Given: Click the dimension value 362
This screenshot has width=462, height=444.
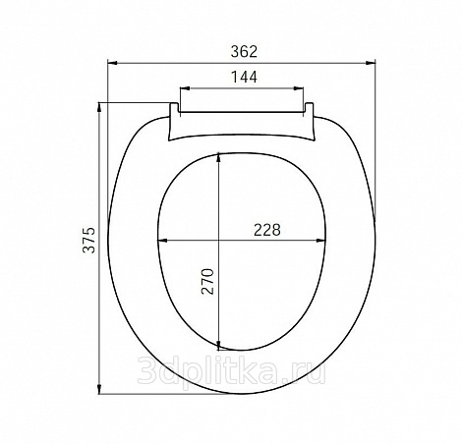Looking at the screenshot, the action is (x=244, y=52).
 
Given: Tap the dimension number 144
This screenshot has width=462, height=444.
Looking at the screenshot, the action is (x=244, y=77).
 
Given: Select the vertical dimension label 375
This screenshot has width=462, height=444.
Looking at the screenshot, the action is (x=88, y=240).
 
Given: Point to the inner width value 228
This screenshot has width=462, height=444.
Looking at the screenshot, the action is (x=267, y=230).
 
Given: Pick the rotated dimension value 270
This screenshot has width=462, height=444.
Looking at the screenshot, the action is (x=207, y=281).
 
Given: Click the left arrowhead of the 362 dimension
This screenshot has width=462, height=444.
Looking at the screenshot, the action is (x=112, y=63).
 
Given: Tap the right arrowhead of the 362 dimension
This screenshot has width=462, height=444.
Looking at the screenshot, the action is (x=371, y=63).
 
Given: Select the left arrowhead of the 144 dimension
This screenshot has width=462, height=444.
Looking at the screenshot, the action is (x=185, y=88).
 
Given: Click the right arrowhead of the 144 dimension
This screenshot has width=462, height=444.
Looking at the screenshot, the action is (x=299, y=88).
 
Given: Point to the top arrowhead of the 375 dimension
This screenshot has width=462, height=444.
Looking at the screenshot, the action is (x=99, y=107).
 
